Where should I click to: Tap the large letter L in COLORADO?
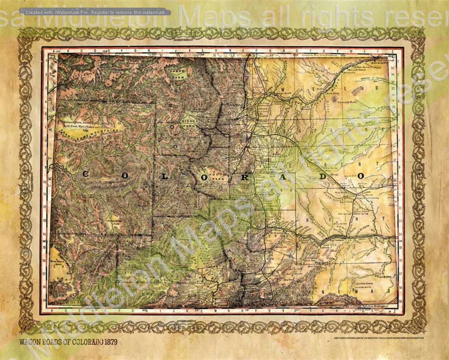[165, 176]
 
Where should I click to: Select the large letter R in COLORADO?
[245, 177]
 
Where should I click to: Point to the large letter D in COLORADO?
[323, 176]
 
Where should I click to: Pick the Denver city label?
[258, 137]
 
